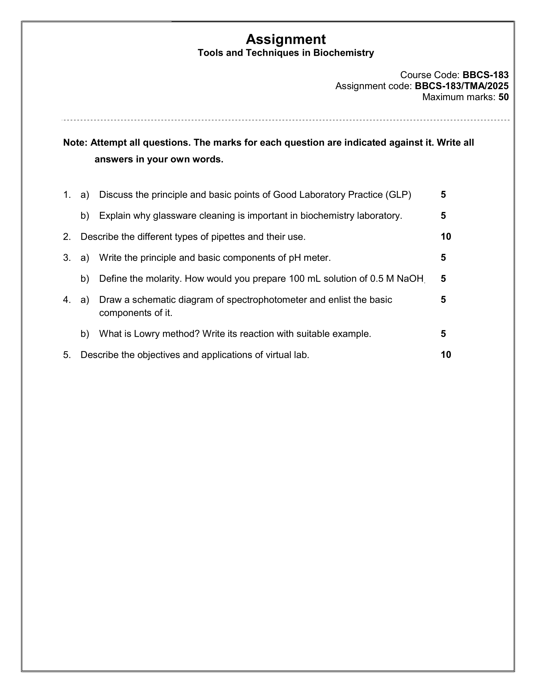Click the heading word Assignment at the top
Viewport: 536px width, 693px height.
pos(285,39)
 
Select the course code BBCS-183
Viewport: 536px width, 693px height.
pos(485,75)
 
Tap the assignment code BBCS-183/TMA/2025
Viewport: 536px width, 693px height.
pos(461,86)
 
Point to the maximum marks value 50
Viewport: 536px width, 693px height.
pos(503,97)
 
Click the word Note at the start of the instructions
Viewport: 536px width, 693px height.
pos(75,143)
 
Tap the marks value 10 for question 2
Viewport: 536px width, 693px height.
pos(446,237)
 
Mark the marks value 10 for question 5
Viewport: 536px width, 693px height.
pos(446,355)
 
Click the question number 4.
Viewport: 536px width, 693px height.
pos(66,300)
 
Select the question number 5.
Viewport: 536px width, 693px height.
pos(66,355)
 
